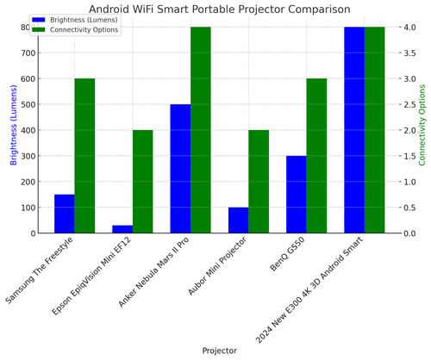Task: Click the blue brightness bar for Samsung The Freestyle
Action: [x=65, y=214]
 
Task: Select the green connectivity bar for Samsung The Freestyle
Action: [x=84, y=156]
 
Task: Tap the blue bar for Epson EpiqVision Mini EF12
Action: [x=122, y=229]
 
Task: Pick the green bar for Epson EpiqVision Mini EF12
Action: [x=142, y=182]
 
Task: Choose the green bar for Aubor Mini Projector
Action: [x=259, y=182]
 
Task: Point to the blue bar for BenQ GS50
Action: [x=297, y=195]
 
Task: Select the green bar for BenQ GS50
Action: [x=316, y=156]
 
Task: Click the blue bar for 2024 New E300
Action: [x=354, y=130]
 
